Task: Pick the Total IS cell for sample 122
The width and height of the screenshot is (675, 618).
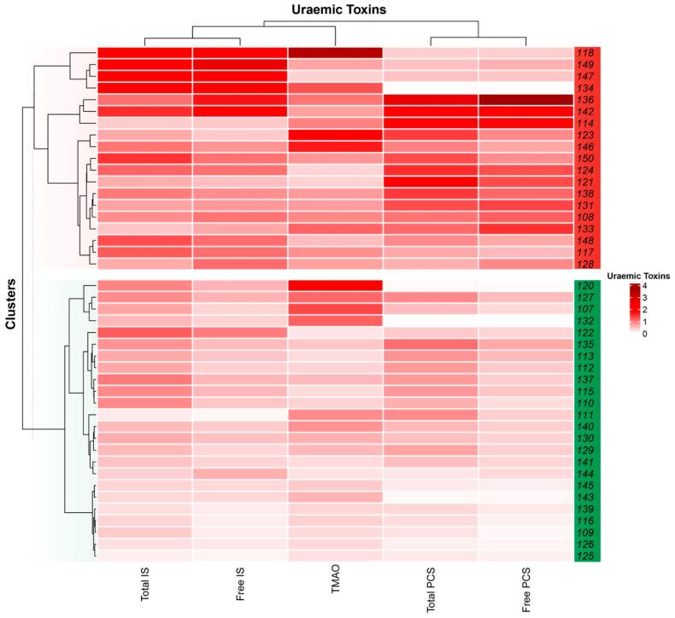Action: (144, 333)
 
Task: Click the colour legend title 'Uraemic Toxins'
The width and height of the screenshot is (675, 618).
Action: (638, 276)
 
